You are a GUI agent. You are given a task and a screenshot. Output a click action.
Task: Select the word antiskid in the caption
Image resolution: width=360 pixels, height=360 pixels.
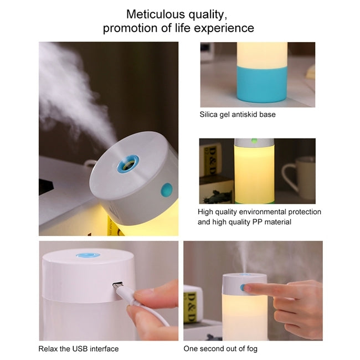[x=244, y=115]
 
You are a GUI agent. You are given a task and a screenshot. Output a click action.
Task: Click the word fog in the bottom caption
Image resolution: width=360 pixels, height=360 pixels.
[x=252, y=349]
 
